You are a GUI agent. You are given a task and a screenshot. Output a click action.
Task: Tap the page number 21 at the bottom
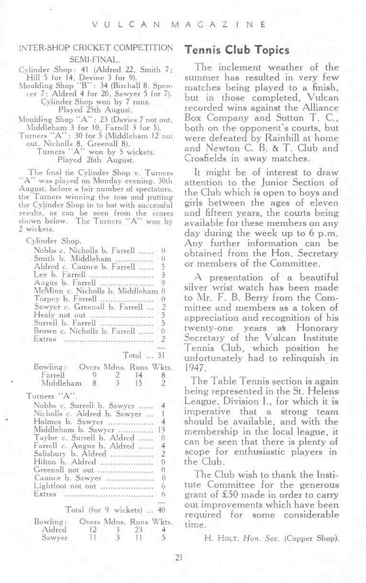click(179, 557)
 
